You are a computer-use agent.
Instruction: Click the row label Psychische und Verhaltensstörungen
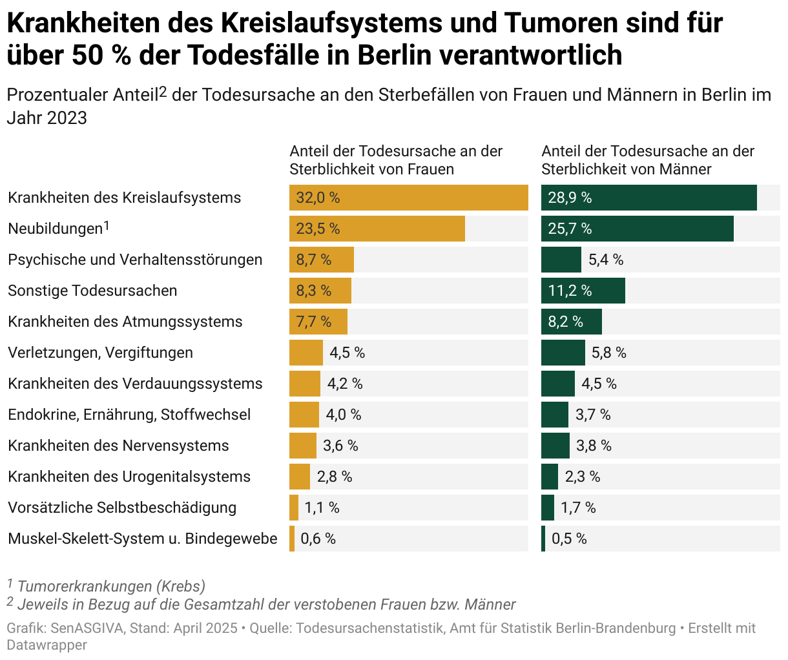click(135, 260)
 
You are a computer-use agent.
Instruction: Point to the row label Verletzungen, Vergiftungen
click(100, 353)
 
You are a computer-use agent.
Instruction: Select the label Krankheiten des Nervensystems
click(118, 446)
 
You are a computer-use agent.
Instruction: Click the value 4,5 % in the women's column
click(347, 353)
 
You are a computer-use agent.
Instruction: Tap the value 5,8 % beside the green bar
click(609, 353)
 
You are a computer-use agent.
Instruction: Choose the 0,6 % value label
click(318, 539)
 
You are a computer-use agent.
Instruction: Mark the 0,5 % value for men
click(569, 539)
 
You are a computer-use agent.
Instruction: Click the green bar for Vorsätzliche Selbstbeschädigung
click(548, 508)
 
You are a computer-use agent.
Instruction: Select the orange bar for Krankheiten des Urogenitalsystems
click(300, 477)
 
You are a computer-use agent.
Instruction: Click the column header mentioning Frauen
click(396, 160)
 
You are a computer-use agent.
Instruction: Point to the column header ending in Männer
click(648, 160)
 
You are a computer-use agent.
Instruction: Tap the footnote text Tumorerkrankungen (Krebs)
click(111, 586)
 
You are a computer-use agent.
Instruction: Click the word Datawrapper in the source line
click(47, 645)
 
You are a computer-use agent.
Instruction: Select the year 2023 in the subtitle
click(67, 118)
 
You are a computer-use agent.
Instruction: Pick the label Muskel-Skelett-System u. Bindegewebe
click(143, 539)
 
